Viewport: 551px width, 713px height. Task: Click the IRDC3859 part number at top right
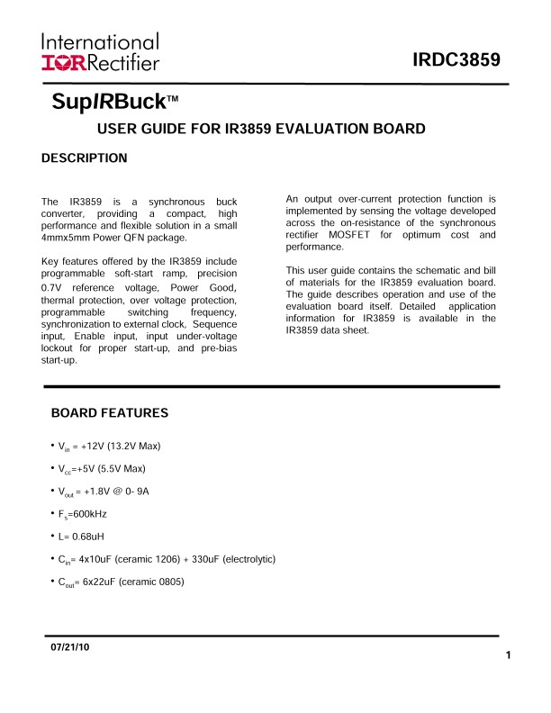point(456,61)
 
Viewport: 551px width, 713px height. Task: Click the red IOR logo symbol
point(61,62)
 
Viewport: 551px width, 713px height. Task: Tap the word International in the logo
point(100,42)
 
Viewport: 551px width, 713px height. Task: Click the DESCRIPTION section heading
point(85,158)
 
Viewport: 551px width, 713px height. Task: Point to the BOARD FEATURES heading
point(110,414)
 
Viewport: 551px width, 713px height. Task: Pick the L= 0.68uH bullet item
point(87,537)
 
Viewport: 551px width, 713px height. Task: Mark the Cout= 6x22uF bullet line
point(121,582)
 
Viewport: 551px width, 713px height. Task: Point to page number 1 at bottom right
point(509,655)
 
